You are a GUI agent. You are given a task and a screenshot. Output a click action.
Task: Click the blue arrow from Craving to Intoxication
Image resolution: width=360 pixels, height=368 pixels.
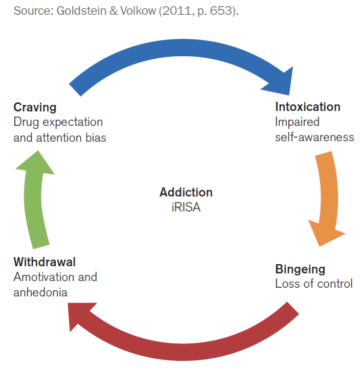coord(179,54)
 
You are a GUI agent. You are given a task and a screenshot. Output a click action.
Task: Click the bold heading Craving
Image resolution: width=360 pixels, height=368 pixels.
coord(35,107)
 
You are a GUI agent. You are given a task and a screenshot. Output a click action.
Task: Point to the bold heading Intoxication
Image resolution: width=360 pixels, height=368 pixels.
coord(307,107)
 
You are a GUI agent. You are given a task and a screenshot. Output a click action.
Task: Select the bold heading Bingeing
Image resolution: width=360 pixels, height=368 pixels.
coord(300,269)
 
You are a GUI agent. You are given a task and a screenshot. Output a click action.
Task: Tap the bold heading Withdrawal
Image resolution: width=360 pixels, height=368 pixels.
coord(44,262)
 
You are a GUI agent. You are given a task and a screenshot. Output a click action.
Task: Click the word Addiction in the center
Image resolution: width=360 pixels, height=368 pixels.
coord(186,193)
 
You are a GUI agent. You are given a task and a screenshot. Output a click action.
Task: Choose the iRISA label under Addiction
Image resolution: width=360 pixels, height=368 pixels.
coord(186,208)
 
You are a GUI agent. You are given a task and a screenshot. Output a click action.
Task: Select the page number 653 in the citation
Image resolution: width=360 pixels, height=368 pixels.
coord(223,11)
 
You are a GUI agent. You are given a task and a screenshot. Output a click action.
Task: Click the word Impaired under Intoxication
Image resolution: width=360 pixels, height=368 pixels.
coord(297,122)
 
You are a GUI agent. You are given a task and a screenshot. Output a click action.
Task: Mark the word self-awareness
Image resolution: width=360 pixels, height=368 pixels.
coord(314,137)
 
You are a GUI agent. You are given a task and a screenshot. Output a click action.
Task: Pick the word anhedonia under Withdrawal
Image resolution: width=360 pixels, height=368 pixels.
coord(40,292)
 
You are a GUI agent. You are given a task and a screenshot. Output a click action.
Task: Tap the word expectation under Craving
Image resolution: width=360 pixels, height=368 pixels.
coord(71,122)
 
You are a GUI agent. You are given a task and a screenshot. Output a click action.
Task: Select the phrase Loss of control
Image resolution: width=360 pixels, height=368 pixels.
coord(313,284)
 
